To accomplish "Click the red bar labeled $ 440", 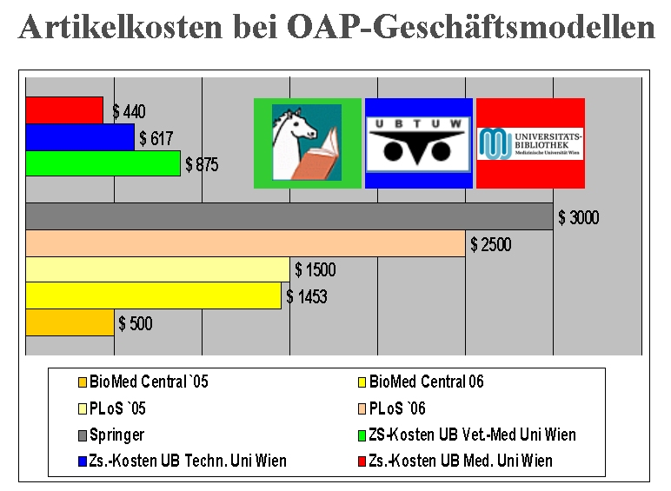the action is [64, 110].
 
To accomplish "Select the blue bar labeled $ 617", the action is [80, 136].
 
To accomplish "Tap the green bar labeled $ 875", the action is [103, 163].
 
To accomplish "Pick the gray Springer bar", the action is [289, 216].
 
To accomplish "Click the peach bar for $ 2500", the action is [246, 243].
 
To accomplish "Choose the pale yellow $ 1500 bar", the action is [157, 269].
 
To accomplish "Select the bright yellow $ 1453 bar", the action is [153, 295].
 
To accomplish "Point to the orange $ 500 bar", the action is [70, 322].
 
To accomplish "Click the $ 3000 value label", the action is [579, 218].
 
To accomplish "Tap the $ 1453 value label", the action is [307, 296].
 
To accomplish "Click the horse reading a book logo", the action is [308, 143].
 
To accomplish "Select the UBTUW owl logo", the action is [419, 143].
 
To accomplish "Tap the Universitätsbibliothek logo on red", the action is [531, 143].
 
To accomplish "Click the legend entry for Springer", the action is [111, 435].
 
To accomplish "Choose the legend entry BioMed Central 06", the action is [421, 382].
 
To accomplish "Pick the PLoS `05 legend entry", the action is [112, 408].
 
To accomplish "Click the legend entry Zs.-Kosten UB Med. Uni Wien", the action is [455, 461].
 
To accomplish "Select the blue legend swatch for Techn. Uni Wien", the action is [83, 461].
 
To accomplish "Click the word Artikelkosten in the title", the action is [121, 27].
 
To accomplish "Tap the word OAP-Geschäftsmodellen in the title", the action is [471, 27].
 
